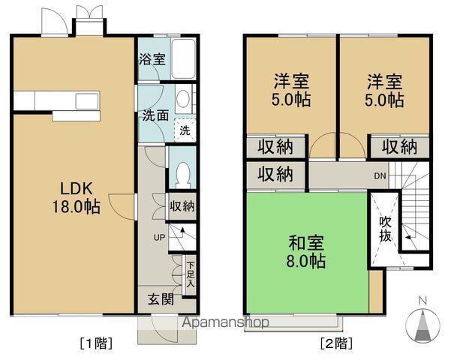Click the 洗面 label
click(155, 117)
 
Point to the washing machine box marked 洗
click(185, 130)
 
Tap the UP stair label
click(159, 238)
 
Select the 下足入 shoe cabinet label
click(191, 272)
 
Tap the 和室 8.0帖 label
click(307, 252)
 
